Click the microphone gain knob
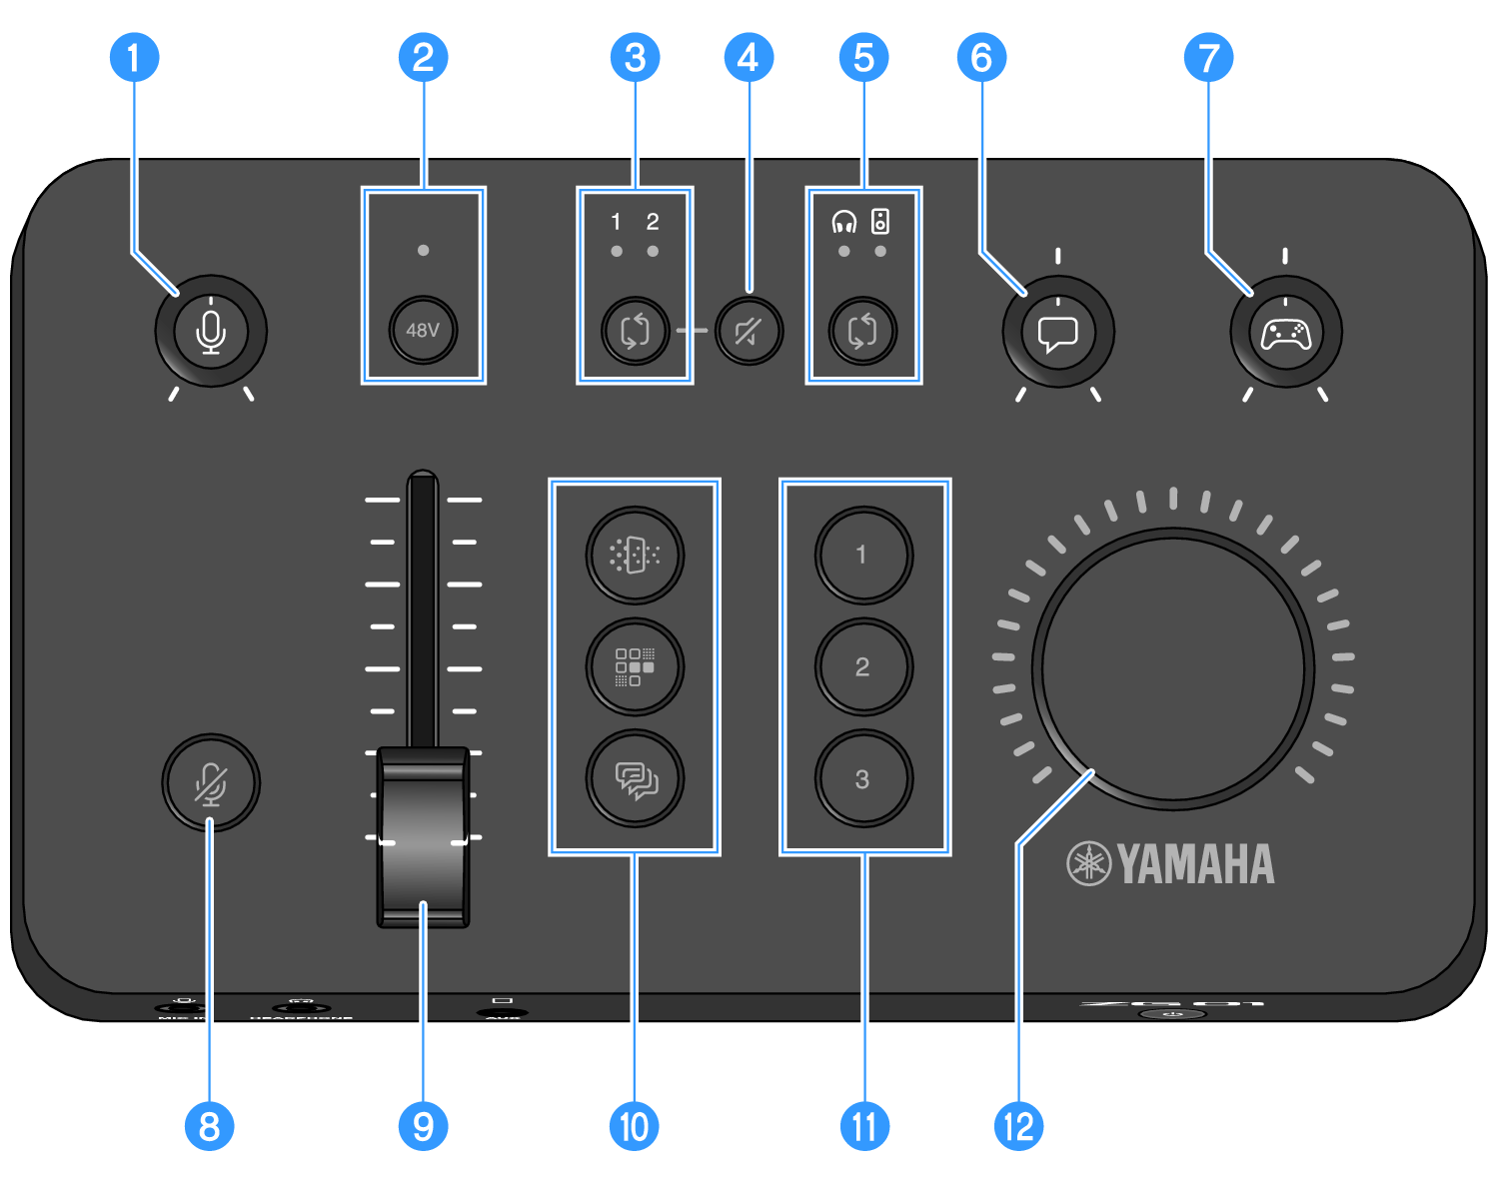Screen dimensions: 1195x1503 [x=211, y=332]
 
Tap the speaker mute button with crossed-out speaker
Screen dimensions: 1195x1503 [x=749, y=331]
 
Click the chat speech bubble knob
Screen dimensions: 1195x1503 [x=1058, y=333]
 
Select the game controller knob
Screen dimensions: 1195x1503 [x=1286, y=333]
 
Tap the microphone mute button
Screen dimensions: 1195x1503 [x=211, y=783]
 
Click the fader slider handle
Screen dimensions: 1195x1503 [x=423, y=837]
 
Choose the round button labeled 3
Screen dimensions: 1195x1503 [x=863, y=779]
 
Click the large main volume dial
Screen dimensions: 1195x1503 [x=1173, y=668]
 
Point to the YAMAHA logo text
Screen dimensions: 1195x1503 [x=1195, y=864]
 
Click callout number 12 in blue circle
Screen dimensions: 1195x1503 [x=1018, y=1126]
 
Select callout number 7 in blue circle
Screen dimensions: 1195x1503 [x=1208, y=58]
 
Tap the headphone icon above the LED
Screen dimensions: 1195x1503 [x=844, y=222]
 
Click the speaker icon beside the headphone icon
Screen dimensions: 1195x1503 [x=880, y=221]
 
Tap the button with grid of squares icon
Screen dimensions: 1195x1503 [x=635, y=666]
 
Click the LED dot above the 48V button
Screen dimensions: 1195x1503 [x=424, y=250]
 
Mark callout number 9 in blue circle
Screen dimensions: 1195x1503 [x=423, y=1126]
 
